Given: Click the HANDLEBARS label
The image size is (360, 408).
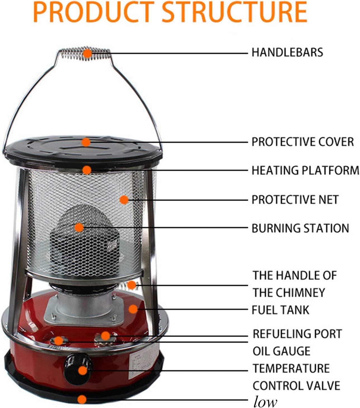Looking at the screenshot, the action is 287,52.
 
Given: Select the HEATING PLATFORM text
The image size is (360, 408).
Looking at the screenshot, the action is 305,170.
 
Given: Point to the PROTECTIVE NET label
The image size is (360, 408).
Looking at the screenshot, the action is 295,200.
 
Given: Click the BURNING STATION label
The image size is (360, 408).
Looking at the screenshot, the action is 300,228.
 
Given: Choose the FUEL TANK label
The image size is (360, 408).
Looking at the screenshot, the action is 280,310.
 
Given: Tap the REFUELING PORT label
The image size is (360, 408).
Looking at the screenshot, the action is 297,334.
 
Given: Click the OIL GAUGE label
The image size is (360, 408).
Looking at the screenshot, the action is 281,351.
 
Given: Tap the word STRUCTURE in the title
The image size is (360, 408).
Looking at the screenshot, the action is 235,12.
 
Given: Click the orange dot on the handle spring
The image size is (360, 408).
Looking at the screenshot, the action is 87,53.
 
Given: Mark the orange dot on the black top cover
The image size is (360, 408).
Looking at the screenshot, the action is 86,142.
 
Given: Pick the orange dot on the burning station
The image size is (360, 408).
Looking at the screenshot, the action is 79,228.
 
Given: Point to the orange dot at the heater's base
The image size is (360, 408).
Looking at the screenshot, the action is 82,400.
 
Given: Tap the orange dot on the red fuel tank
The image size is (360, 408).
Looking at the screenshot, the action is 133,309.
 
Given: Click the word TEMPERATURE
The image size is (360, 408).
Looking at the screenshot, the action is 291,368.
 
